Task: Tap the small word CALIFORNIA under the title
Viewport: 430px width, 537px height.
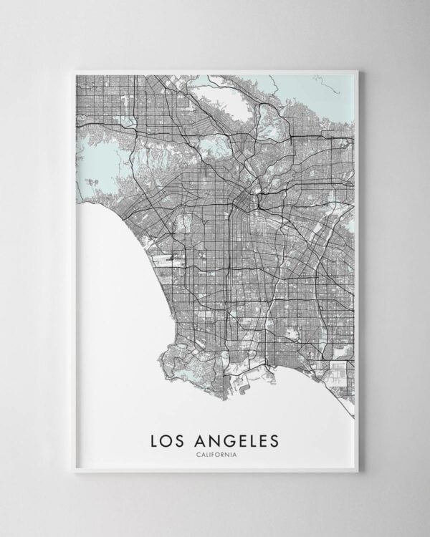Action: pyautogui.click(x=216, y=453)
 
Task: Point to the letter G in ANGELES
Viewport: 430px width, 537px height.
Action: pyautogui.click(x=231, y=438)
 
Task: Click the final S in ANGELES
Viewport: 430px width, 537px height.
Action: pyautogui.click(x=277, y=438)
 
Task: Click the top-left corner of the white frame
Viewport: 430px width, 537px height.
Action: pyautogui.click(x=75, y=70)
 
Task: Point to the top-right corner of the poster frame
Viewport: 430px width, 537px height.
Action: pyautogui.click(x=356, y=70)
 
